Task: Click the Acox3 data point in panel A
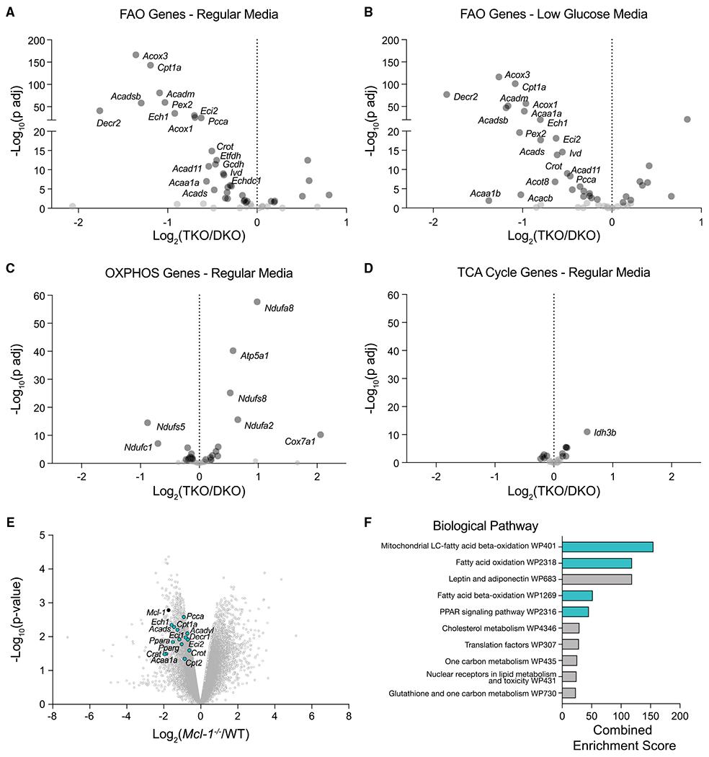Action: pyautogui.click(x=136, y=55)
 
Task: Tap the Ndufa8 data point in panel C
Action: pyautogui.click(x=257, y=301)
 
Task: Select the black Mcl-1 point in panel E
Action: pyautogui.click(x=169, y=610)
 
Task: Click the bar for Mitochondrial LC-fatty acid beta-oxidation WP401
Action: pyautogui.click(x=607, y=547)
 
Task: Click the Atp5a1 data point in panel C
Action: pyautogui.click(x=233, y=350)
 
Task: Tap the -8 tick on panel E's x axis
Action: pyautogui.click(x=52, y=718)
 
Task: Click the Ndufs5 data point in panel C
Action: pyautogui.click(x=148, y=422)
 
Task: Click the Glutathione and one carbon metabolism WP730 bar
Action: pyautogui.click(x=568, y=693)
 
